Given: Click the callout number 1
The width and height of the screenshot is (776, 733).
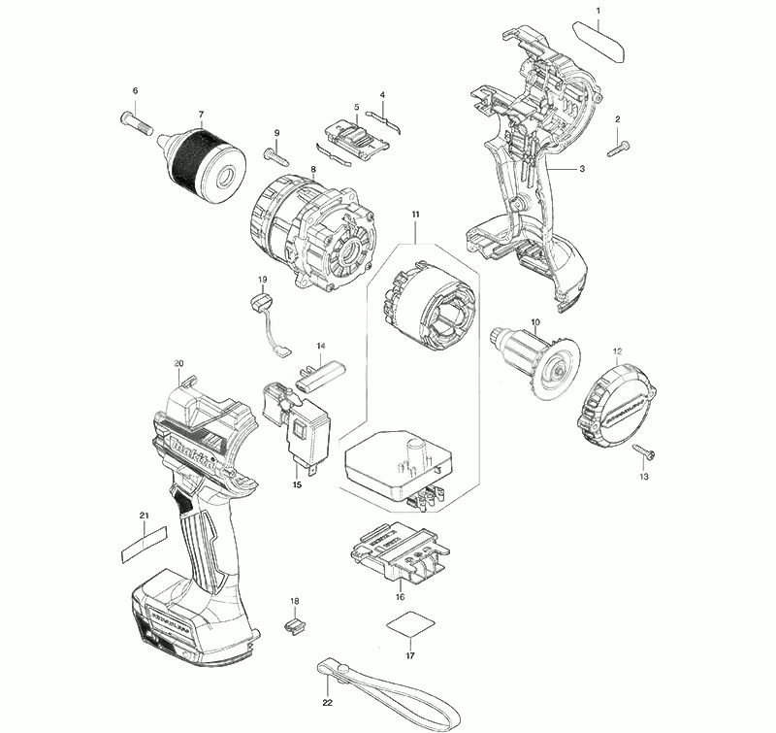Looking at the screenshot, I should click(598, 11).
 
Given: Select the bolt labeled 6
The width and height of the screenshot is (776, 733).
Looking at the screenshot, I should click(137, 121).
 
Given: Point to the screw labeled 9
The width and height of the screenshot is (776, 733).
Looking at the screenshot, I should click(275, 152).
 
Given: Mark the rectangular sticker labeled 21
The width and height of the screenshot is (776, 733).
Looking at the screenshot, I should click(144, 543).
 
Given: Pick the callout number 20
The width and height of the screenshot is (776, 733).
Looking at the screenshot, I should click(178, 364).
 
